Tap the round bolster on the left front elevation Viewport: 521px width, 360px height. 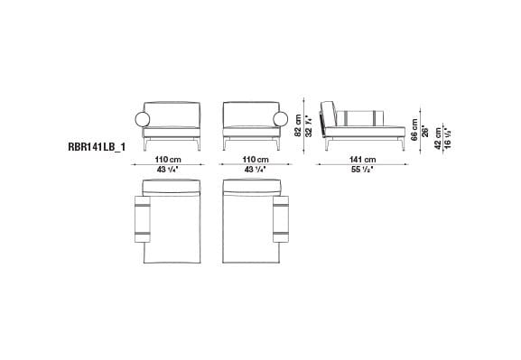click(141, 119)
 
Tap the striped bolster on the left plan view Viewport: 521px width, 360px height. click(143, 221)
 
